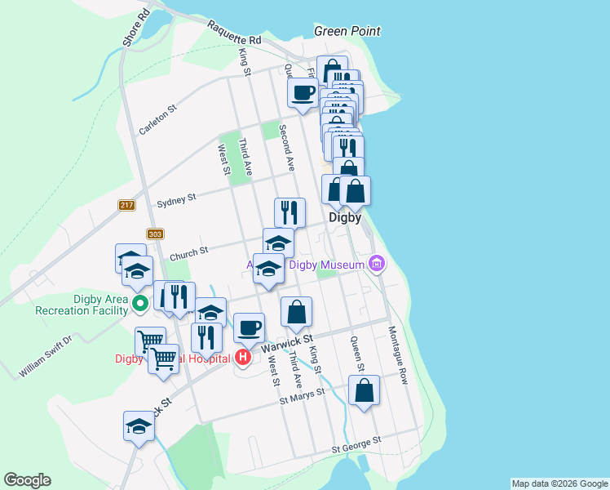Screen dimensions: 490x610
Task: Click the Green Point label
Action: (x=347, y=32)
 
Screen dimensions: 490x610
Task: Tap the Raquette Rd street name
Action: (x=234, y=33)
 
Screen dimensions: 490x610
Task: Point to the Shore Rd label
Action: (x=135, y=28)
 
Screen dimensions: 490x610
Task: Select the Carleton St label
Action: (x=157, y=119)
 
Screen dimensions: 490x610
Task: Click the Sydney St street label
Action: (x=176, y=199)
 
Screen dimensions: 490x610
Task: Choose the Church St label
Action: (x=189, y=254)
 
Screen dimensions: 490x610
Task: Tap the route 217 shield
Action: (x=126, y=205)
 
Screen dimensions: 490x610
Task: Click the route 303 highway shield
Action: (x=156, y=234)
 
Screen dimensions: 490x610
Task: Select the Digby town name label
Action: (x=345, y=218)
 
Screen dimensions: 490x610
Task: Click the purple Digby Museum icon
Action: (x=376, y=264)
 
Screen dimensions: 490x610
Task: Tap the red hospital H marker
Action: (x=243, y=357)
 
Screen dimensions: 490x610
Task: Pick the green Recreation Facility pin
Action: (x=139, y=305)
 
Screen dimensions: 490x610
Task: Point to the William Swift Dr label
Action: (x=46, y=356)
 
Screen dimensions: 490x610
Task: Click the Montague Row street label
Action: (x=397, y=355)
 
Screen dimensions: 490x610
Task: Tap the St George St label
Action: (x=356, y=445)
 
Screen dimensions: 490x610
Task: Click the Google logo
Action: (x=28, y=480)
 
